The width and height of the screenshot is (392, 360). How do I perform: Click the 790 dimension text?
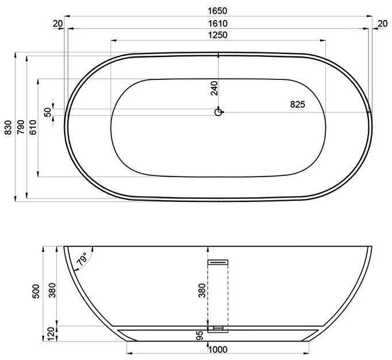pos(20,127)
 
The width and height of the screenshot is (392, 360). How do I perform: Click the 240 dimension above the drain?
pos(214,87)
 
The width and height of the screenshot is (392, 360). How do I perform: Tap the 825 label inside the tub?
pos(297,104)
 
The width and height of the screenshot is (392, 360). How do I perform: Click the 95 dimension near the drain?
pos(199,336)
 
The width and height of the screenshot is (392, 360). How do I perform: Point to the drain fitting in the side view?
pos(218,330)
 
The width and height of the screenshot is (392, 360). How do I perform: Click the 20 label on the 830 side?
pos(57,24)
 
